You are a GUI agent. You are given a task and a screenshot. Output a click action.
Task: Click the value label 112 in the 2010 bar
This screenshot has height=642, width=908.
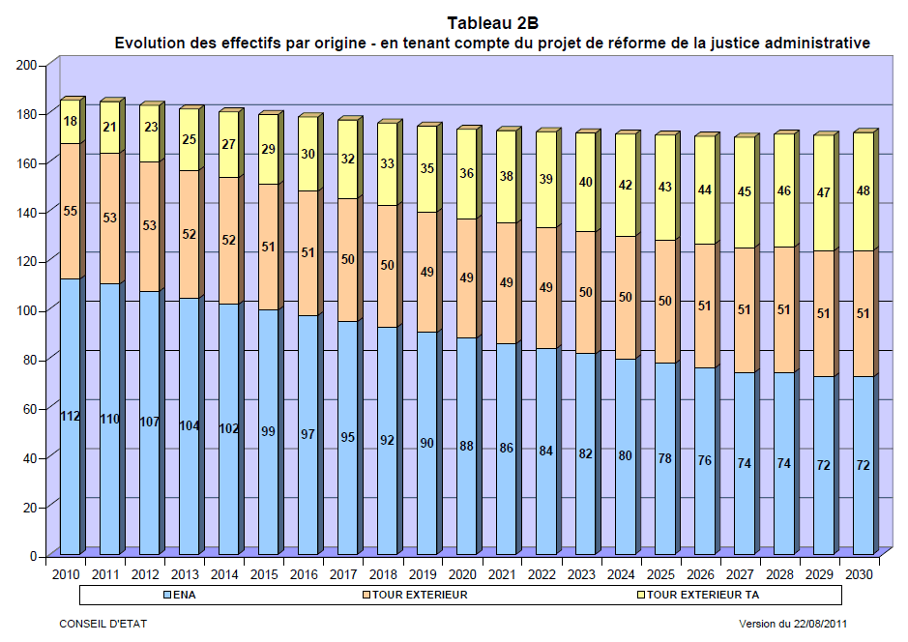[70, 417]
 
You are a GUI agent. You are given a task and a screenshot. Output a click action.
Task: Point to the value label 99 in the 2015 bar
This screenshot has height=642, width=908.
[268, 431]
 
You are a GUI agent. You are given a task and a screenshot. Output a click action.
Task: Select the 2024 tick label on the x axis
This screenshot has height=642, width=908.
[621, 574]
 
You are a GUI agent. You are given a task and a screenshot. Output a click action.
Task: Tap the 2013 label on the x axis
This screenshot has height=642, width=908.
[185, 574]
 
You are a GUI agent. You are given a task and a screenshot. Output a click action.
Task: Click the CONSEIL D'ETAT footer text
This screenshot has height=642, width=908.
[103, 625]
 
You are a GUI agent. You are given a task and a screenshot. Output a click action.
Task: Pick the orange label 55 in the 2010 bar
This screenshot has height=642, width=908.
[70, 210]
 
